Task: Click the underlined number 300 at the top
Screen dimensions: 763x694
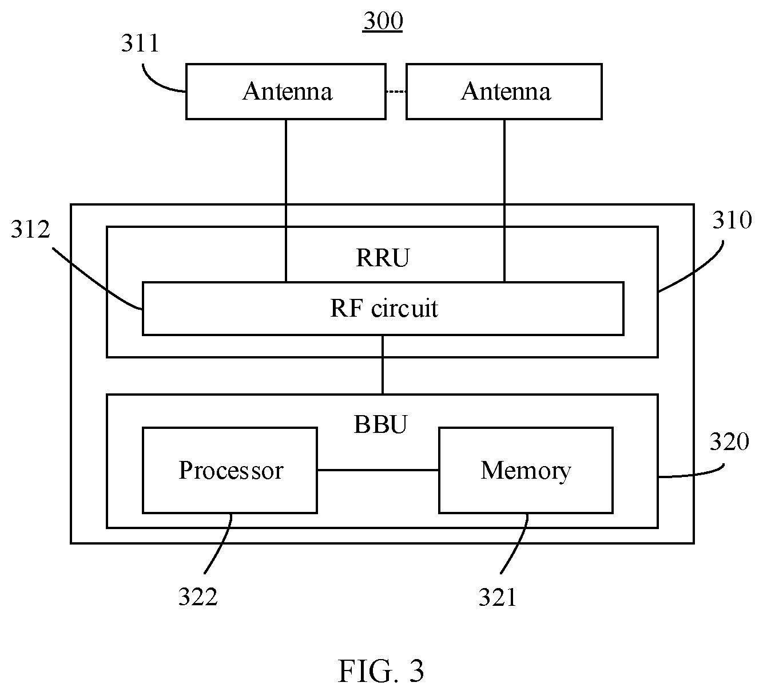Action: coord(383,21)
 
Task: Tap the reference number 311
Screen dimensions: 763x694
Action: coord(140,43)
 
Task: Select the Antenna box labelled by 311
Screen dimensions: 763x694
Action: coord(286,92)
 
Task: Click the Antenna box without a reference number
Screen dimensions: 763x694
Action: coord(504,92)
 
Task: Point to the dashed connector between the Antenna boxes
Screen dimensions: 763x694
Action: coord(396,92)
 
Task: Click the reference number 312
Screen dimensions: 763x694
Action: coord(30,229)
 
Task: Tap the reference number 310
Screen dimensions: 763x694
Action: coord(732,220)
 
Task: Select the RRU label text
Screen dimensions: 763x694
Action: coord(383,258)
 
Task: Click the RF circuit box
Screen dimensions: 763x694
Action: coord(383,309)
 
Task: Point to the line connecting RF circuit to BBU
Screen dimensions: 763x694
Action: coord(383,365)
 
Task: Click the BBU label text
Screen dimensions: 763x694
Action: coord(380,424)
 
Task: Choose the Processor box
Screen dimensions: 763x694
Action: coord(230,471)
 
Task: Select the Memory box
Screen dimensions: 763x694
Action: coord(526,471)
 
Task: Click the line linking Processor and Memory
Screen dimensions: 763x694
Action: coord(378,470)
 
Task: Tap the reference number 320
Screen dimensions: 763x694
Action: coord(729,442)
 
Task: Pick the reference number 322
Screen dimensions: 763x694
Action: coord(198,597)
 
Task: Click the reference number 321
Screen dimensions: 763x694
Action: coord(498,597)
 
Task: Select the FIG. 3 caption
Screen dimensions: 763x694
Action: coord(381,671)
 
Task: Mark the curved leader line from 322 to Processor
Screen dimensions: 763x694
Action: coord(222,544)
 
